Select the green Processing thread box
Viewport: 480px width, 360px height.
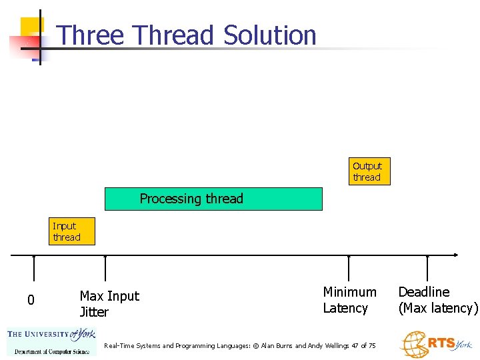click(x=213, y=199)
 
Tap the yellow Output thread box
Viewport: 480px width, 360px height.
click(x=367, y=171)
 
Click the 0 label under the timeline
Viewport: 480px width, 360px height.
click(x=31, y=301)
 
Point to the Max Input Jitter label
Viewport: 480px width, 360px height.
click(x=109, y=304)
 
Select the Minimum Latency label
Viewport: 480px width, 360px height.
click(x=349, y=300)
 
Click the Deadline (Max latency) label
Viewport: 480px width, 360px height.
click(x=438, y=300)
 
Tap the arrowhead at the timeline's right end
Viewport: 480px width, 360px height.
click(x=455, y=255)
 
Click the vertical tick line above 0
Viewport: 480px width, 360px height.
click(x=33, y=270)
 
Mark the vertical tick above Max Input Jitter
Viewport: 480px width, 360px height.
click(x=105, y=270)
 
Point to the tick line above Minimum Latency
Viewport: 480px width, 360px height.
click(x=349, y=268)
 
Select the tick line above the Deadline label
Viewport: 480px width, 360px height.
click(x=427, y=268)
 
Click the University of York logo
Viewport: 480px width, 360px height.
click(x=51, y=342)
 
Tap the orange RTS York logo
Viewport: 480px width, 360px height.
click(x=436, y=344)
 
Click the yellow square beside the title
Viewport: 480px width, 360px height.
click(x=31, y=27)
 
